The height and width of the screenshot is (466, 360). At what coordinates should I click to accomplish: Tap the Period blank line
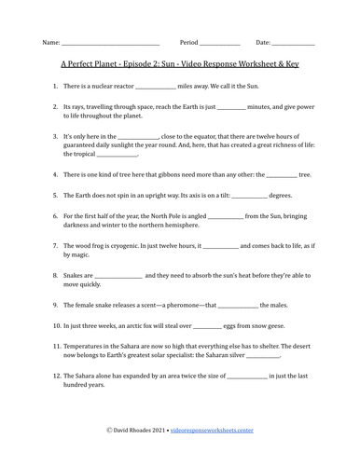coord(220,44)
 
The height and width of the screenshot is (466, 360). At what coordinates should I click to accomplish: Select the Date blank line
coord(293,44)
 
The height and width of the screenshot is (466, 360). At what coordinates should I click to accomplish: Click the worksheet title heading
coord(180,65)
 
